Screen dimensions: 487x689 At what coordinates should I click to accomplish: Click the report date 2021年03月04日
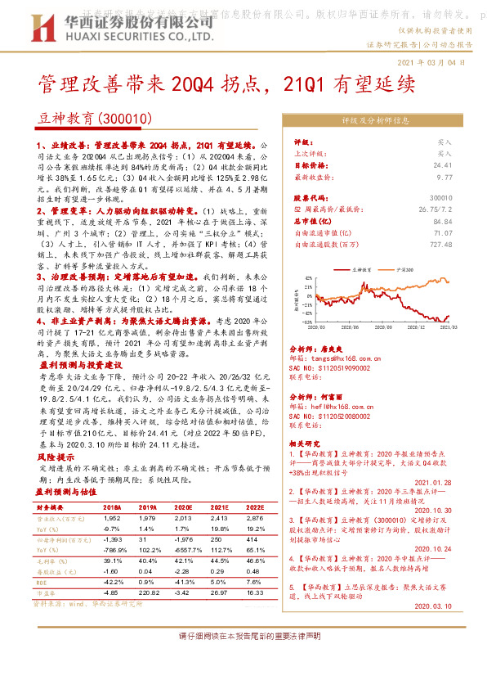[432, 61]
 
